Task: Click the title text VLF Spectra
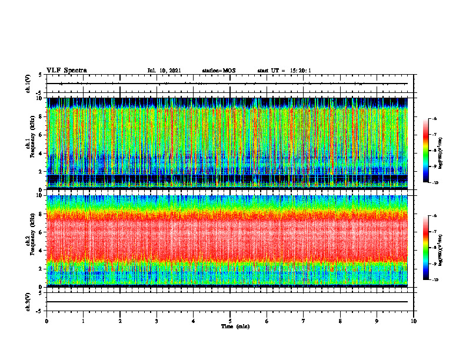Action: point(66,70)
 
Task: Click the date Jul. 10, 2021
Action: point(164,71)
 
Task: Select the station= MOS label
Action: point(218,71)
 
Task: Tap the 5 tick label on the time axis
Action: point(230,321)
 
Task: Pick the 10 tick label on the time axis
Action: point(414,321)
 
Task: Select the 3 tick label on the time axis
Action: point(157,321)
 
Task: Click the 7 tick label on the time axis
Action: point(304,321)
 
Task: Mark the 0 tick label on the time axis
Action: point(46,321)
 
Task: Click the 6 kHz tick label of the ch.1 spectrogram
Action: point(40,135)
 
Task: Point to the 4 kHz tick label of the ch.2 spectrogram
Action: point(40,250)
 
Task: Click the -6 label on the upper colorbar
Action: point(434,119)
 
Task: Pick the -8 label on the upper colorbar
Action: point(434,151)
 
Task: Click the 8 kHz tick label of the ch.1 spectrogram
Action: point(40,116)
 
